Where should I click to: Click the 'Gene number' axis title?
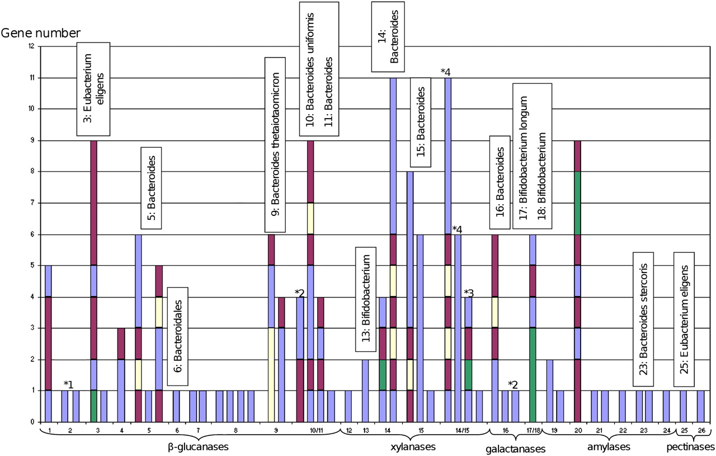(42, 32)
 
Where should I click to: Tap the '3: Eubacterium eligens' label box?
(93, 88)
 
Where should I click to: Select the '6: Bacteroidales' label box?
(178, 336)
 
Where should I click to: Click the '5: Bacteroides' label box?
(149, 187)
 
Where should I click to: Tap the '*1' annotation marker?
(69, 384)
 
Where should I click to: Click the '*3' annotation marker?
(469, 293)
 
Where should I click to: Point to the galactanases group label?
(515, 448)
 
